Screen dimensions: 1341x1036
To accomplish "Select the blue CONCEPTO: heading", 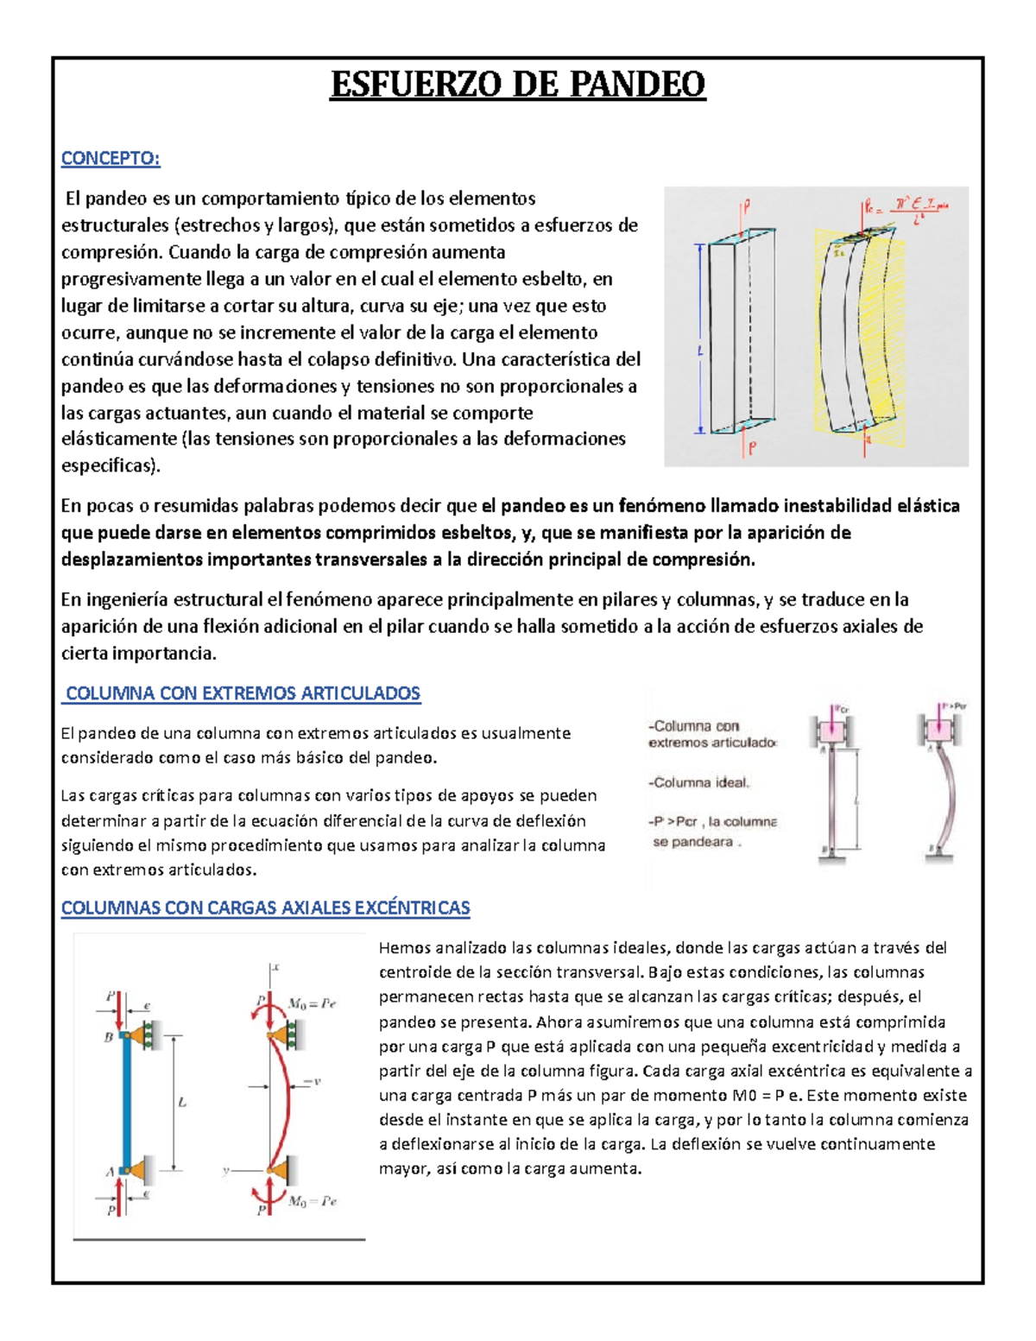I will [111, 158].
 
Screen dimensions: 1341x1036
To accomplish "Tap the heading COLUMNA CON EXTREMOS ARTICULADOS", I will [243, 693].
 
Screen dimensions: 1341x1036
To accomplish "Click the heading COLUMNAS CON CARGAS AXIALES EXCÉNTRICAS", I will [265, 908].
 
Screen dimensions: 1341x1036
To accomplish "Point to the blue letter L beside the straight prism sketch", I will [699, 351].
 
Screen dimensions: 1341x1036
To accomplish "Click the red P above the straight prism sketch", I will [747, 206].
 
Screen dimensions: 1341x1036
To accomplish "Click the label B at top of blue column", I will [109, 1037].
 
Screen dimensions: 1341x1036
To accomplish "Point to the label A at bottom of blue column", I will [110, 1172].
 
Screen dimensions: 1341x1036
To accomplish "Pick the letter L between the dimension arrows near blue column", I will [182, 1103].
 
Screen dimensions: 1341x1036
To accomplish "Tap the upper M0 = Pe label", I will [312, 1004].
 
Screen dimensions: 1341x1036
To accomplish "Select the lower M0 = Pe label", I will [313, 1201].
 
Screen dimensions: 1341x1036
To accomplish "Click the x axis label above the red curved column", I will [276, 968].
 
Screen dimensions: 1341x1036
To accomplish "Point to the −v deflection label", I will [312, 1081].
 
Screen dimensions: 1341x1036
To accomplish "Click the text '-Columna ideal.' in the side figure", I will [699, 782].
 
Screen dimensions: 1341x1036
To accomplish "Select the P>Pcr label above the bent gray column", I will [953, 705].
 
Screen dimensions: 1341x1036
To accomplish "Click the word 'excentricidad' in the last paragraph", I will [821, 1047].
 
